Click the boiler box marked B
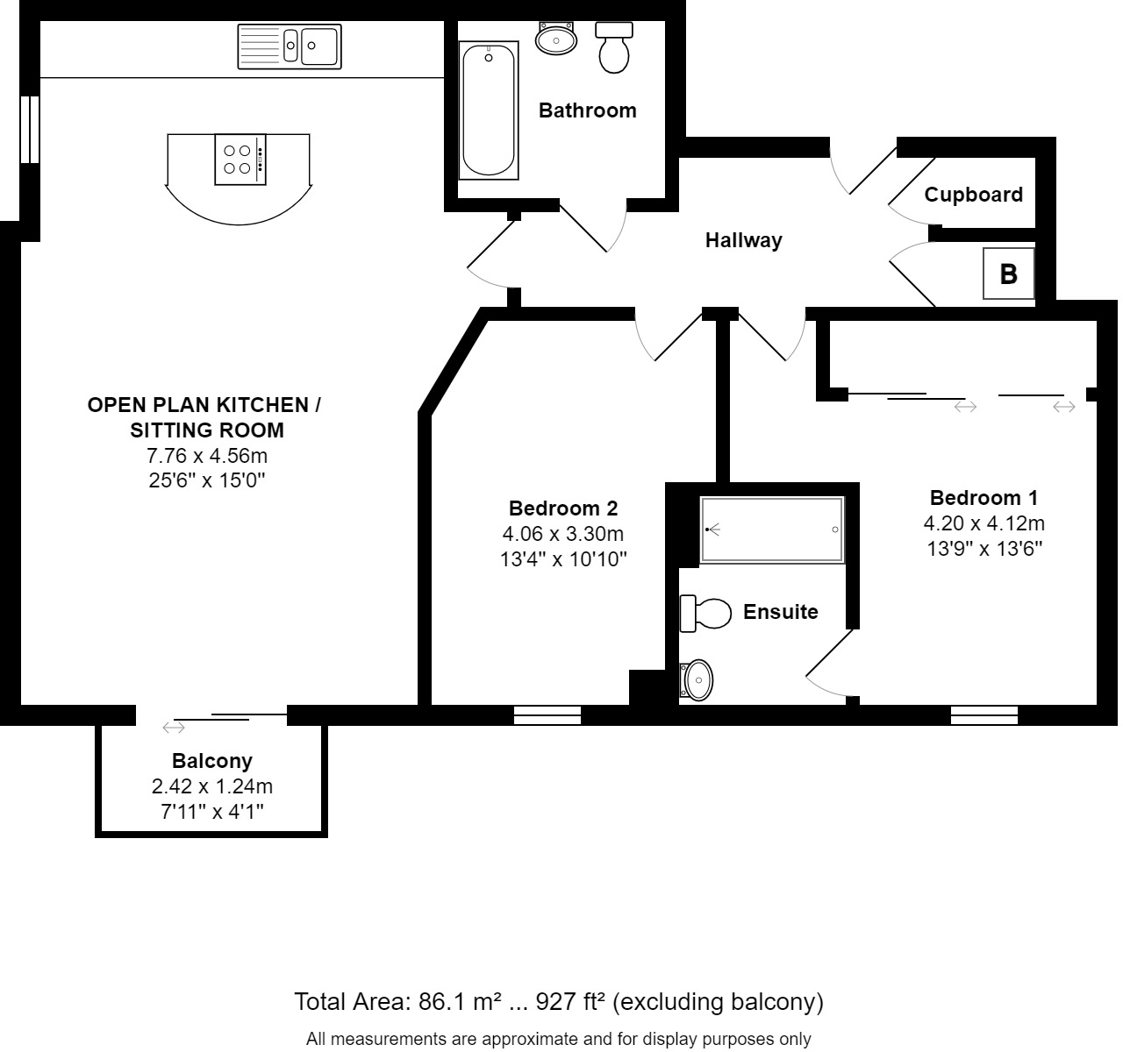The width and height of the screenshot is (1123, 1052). click(x=1008, y=274)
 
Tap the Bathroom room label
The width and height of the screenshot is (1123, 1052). click(x=588, y=110)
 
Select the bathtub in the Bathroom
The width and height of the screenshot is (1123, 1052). click(x=489, y=110)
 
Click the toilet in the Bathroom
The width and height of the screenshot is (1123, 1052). click(x=614, y=47)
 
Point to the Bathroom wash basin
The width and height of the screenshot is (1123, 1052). click(x=556, y=39)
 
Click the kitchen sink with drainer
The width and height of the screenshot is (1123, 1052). click(x=290, y=46)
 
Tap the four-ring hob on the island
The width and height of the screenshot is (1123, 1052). click(x=240, y=160)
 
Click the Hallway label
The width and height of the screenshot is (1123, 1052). click(x=744, y=240)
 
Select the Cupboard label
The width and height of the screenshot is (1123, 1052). click(x=974, y=195)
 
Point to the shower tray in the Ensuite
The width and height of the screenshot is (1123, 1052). click(x=772, y=530)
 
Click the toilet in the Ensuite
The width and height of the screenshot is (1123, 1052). click(x=705, y=614)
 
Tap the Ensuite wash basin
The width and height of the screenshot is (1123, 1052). click(x=697, y=680)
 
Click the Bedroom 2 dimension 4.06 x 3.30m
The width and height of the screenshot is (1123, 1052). click(x=563, y=533)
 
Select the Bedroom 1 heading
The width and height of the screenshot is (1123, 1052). click(x=984, y=497)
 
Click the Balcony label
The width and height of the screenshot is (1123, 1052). click(x=212, y=761)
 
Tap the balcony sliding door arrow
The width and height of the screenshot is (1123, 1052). click(x=174, y=728)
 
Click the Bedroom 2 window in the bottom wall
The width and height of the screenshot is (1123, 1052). click(x=547, y=715)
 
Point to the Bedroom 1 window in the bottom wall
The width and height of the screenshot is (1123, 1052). click(x=984, y=715)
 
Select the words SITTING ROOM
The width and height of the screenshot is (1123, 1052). click(x=207, y=430)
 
